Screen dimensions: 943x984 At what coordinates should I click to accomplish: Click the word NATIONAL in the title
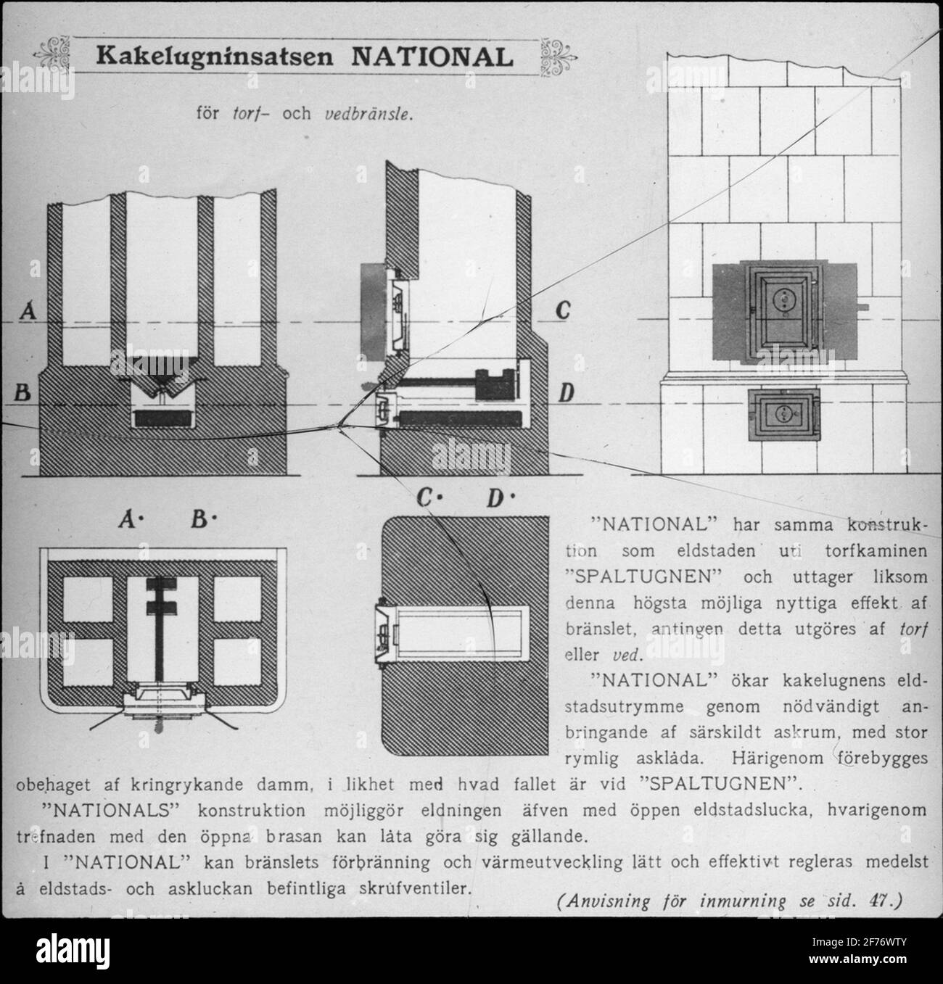click(x=432, y=57)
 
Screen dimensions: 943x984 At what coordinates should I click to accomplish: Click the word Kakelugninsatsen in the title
click(x=215, y=57)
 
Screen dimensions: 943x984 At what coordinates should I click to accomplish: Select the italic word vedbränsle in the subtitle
click(x=368, y=115)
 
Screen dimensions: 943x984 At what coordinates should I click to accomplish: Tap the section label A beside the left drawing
click(x=28, y=310)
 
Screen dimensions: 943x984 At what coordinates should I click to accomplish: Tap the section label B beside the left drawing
click(x=22, y=392)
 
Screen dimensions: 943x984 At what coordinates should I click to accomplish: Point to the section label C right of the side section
click(x=563, y=310)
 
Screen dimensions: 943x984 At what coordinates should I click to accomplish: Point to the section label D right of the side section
click(x=566, y=393)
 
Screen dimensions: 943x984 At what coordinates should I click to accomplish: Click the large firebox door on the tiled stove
click(x=784, y=312)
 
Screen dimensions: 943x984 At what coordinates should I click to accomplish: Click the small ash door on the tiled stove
click(x=784, y=415)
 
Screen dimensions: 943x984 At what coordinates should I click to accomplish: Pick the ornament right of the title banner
click(x=559, y=57)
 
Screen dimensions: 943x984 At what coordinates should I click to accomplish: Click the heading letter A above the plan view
click(x=129, y=519)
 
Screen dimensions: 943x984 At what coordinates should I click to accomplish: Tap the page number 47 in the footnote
click(x=878, y=901)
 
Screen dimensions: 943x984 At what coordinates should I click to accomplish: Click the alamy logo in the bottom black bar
click(x=73, y=951)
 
